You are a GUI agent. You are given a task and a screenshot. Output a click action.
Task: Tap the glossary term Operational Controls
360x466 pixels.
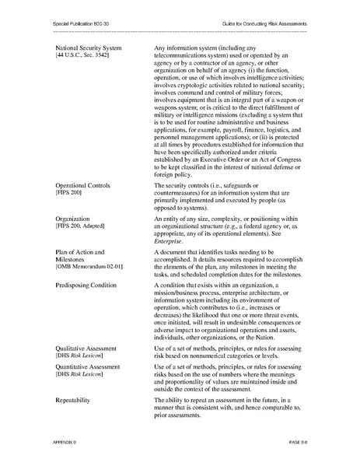pos(82,187)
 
